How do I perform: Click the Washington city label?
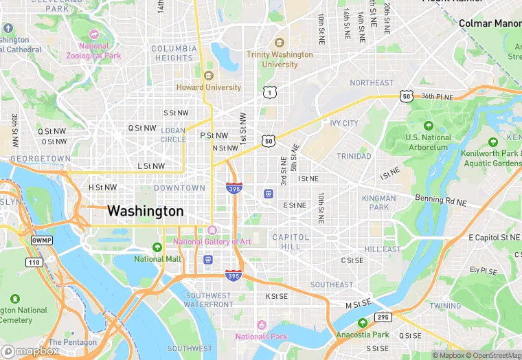[146, 211]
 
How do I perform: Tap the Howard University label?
[209, 87]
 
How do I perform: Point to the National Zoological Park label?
[93, 51]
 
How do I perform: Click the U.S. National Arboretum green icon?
[429, 126]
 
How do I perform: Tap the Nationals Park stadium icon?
[261, 324]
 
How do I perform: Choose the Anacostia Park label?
[363, 335]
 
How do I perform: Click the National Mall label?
[157, 259]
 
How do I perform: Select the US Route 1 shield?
[269, 91]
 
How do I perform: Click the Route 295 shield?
[383, 317]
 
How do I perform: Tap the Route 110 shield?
[34, 262]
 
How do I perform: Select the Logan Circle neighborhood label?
[173, 134]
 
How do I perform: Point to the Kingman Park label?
[378, 203]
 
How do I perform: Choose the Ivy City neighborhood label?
[343, 123]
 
